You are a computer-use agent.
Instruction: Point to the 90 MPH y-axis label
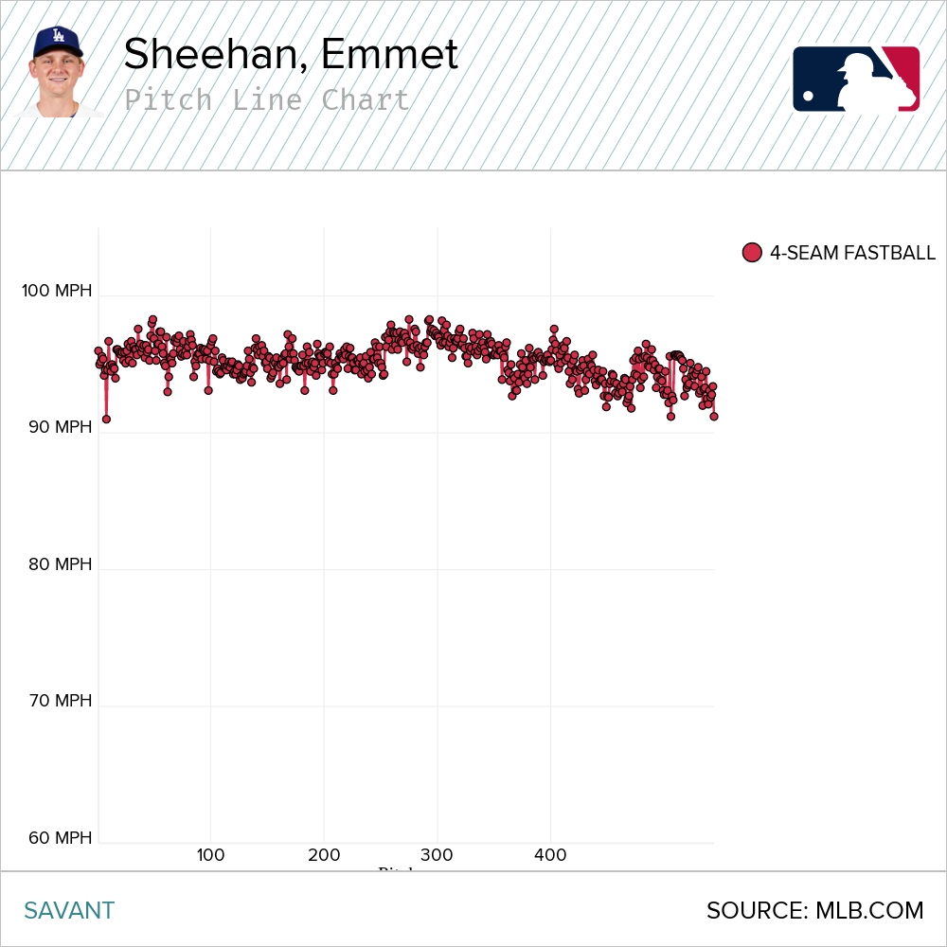61,427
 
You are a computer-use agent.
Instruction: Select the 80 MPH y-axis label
61,564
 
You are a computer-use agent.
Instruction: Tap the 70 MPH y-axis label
61,701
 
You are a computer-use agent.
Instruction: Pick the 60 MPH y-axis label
61,838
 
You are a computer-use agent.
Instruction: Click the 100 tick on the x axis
210,856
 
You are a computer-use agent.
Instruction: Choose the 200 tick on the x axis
324,856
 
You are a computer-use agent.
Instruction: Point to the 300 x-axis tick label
437,856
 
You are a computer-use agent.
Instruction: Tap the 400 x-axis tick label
550,856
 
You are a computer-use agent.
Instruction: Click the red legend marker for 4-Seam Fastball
752,253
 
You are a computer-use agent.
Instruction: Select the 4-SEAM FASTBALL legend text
852,253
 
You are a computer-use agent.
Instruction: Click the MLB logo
856,79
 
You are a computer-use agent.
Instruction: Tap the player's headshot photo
60,74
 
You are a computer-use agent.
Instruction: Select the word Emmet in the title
389,55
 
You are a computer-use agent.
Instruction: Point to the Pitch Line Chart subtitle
267,99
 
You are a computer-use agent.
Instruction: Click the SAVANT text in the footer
69,911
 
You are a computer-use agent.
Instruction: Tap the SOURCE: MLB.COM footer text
814,911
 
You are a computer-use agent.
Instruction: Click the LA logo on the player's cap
57,37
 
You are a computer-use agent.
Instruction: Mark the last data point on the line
713,416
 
